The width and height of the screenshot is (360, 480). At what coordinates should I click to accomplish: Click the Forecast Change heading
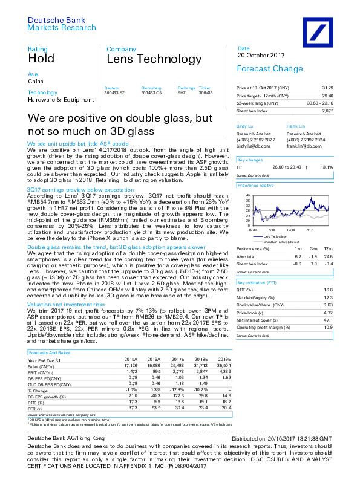[x=269, y=69]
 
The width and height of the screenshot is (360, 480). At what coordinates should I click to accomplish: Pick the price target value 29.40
[x=344, y=96]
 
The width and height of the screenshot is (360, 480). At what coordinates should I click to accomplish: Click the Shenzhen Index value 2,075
[x=344, y=111]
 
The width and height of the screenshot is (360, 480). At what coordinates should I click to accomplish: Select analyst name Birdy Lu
[x=244, y=126]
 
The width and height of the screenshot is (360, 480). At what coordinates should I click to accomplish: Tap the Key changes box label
[x=249, y=160]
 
